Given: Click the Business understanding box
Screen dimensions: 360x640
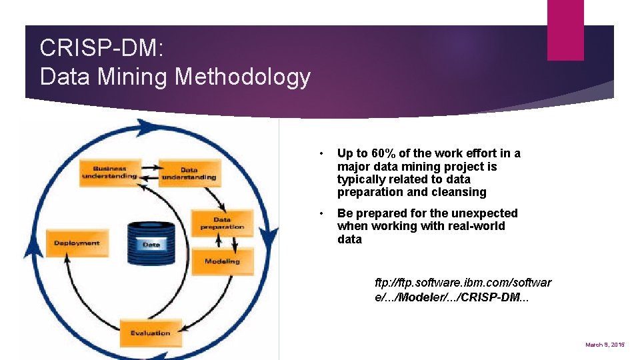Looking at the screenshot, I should pos(109,172).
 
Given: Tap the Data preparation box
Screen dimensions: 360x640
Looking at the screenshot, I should pos(222,223).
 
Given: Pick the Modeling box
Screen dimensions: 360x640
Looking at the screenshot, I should pos(222,261).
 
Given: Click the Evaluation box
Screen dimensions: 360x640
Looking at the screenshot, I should pos(150,333).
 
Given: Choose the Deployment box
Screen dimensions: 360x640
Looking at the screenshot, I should pos(77,243).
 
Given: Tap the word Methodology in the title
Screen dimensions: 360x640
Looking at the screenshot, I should pos(243,77).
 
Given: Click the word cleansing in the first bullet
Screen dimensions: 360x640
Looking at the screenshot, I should pos(461,192).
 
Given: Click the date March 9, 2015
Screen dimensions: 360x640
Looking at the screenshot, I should pos(605,345).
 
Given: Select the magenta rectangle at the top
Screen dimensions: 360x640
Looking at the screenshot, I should pos(565,30).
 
